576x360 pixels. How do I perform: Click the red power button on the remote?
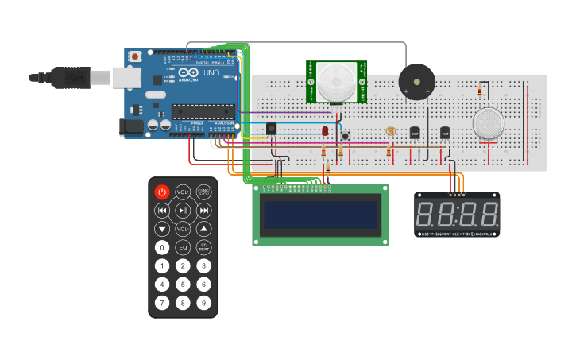tap(162, 192)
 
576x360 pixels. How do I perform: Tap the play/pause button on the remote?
tap(183, 211)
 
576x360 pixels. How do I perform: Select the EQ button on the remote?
tap(183, 247)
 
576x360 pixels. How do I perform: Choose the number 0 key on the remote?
tap(162, 247)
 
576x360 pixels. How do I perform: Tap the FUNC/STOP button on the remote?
tap(203, 192)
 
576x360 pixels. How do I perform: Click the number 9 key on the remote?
tap(203, 302)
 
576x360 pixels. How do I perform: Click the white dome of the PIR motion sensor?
tap(336, 81)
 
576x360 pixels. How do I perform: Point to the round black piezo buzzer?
tap(416, 81)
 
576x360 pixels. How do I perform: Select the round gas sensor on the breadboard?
tap(488, 124)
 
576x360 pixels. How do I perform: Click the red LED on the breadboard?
tap(325, 130)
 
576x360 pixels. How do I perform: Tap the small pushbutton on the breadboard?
tap(346, 136)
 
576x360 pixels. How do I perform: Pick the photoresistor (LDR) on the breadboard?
tap(389, 132)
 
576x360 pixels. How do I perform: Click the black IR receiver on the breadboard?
tap(271, 128)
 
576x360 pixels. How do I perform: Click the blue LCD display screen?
tap(320, 215)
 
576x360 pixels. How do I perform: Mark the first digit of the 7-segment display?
tap(426, 214)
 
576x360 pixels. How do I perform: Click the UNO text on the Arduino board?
tap(212, 73)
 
